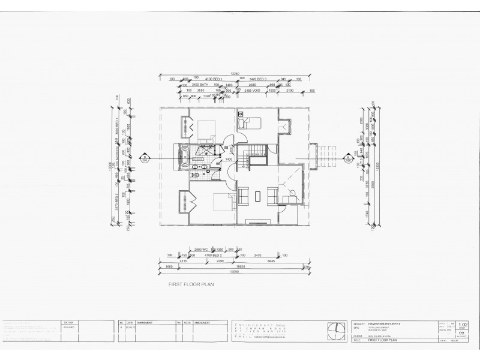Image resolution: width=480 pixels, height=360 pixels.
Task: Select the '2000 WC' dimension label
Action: pos(202,248)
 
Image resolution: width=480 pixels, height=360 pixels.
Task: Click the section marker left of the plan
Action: pos(144,159)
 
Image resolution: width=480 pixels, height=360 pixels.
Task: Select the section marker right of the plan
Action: pos(348,159)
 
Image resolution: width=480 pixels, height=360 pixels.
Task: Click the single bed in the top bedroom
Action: pos(249,124)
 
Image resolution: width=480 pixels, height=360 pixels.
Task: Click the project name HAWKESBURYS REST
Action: pos(385,323)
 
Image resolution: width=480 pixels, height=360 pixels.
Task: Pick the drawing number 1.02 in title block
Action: pos(463,325)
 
